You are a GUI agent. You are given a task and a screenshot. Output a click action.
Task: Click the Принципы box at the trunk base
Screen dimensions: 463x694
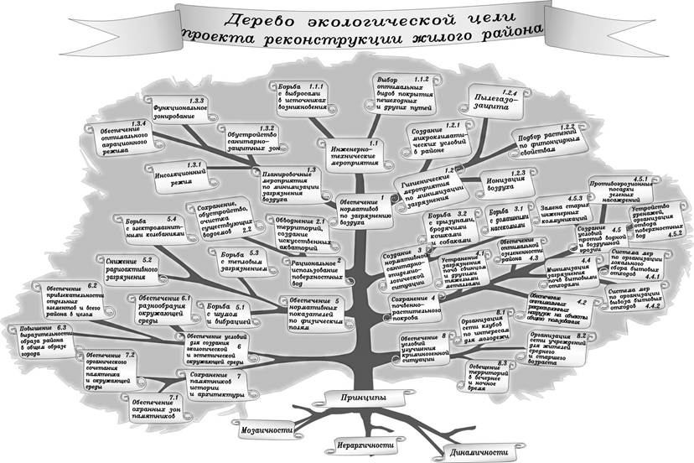(x=363, y=396)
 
